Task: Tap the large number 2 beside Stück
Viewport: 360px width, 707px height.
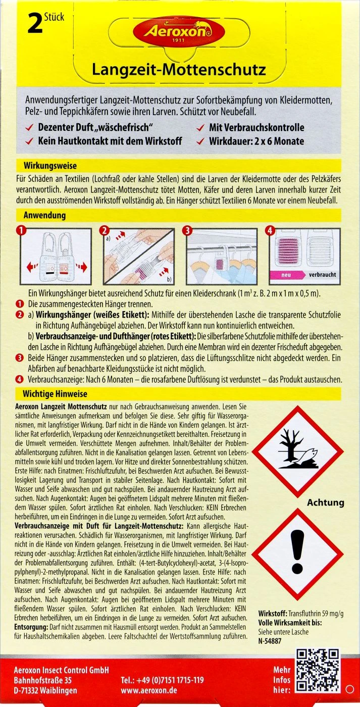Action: (34, 24)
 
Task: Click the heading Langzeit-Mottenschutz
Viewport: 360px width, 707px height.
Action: (179, 69)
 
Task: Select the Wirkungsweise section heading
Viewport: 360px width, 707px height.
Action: (50, 165)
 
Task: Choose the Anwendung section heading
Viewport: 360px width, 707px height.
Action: (45, 215)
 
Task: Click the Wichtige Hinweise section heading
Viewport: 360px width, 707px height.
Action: (55, 394)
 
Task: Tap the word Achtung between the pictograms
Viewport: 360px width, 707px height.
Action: (325, 502)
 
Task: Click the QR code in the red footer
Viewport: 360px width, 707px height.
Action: (317, 671)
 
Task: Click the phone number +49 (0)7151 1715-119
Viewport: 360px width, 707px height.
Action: (163, 680)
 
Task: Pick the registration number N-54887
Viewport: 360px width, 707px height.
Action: (270, 641)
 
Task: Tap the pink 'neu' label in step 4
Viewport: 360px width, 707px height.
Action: (285, 275)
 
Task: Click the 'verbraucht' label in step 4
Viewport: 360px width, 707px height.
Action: (322, 275)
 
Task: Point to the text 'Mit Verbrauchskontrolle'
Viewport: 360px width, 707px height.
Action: (256, 128)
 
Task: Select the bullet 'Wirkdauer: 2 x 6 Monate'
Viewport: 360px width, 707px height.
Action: (256, 141)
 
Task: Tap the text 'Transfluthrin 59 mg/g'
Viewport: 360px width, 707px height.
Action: (316, 613)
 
